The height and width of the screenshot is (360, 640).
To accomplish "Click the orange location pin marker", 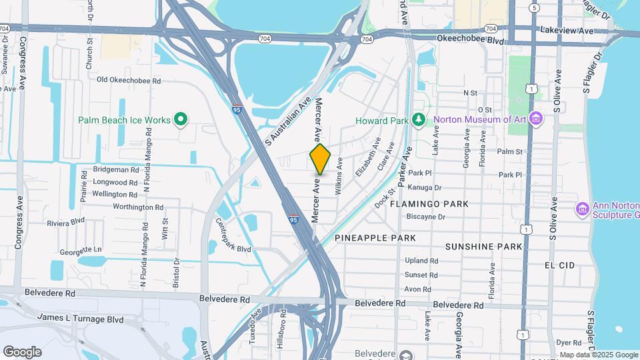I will pyautogui.click(x=320, y=159).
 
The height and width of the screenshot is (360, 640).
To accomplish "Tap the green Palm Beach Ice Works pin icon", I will pyautogui.click(x=180, y=120).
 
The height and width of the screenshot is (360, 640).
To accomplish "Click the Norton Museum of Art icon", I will pyautogui.click(x=538, y=120).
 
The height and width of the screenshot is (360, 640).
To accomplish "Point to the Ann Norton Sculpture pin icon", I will pyautogui.click(x=582, y=209).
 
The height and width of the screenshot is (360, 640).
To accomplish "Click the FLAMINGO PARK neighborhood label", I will pyautogui.click(x=429, y=203).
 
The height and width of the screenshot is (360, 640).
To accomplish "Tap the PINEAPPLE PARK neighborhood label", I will pyautogui.click(x=375, y=238).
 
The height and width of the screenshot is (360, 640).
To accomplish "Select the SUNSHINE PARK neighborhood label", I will pyautogui.click(x=483, y=247).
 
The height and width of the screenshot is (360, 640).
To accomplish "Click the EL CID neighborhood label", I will pyautogui.click(x=559, y=265).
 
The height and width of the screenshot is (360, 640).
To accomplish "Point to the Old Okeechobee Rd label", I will pyautogui.click(x=129, y=80).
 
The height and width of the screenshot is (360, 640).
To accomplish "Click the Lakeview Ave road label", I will pyautogui.click(x=567, y=31).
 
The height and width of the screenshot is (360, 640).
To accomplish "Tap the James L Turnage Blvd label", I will pyautogui.click(x=80, y=319).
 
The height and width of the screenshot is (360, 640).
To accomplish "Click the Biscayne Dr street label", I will pyautogui.click(x=425, y=217).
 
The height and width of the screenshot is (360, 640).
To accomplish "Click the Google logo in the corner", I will pyautogui.click(x=22, y=352).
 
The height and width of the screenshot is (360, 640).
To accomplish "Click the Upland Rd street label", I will pyautogui.click(x=421, y=261).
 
